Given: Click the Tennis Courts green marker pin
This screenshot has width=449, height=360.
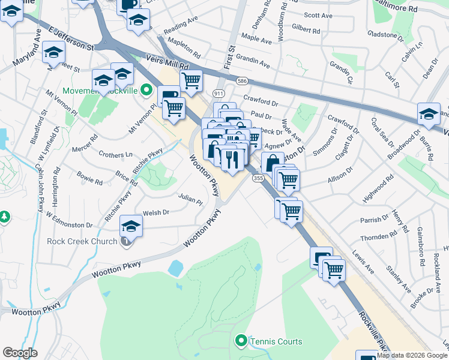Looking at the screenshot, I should click(x=241, y=341).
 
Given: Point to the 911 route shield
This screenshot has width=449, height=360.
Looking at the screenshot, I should click(x=218, y=94).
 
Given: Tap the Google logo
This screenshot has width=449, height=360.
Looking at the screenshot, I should click(x=20, y=353).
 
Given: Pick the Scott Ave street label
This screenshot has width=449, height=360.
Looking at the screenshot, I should click(x=318, y=16).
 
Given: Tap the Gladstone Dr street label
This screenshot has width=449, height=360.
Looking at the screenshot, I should click(x=385, y=35).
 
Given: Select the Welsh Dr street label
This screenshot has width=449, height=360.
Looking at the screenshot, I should click(x=156, y=212).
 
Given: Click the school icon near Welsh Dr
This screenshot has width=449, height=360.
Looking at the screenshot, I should click(x=130, y=226).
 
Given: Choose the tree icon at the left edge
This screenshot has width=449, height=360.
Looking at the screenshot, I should click(x=4, y=216).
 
